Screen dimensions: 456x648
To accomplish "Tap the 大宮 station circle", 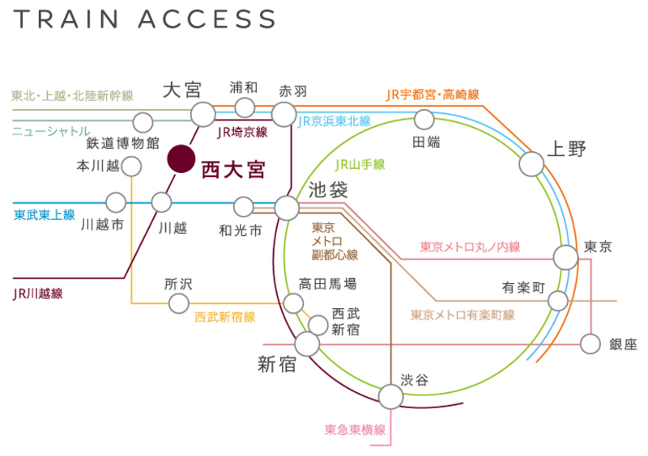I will pos(202,113).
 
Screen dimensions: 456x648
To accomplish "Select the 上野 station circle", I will pos(531,164).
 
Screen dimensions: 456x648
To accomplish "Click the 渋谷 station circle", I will pos(390,396).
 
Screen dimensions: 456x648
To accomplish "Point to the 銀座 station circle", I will pos(592,344).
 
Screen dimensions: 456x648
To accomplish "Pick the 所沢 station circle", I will pos(178,303).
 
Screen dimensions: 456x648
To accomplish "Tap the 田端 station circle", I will pos(424,120).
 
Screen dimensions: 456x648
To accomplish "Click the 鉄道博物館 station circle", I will pos(143,123).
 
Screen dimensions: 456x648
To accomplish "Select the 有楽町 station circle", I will pos(558,301).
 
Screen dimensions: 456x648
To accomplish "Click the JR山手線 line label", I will pos(360,164).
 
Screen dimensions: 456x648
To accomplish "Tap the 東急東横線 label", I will pos(355,429).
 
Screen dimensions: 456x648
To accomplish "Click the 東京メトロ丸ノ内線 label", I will pos(470,247).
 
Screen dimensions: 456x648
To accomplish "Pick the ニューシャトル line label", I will pos(50,129).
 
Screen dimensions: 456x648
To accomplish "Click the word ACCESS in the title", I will pos(210,19).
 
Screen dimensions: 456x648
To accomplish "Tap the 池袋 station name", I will pos(329,191).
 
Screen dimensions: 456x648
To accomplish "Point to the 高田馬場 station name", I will pos(327,284).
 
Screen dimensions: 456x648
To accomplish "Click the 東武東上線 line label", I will pos(45,215).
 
